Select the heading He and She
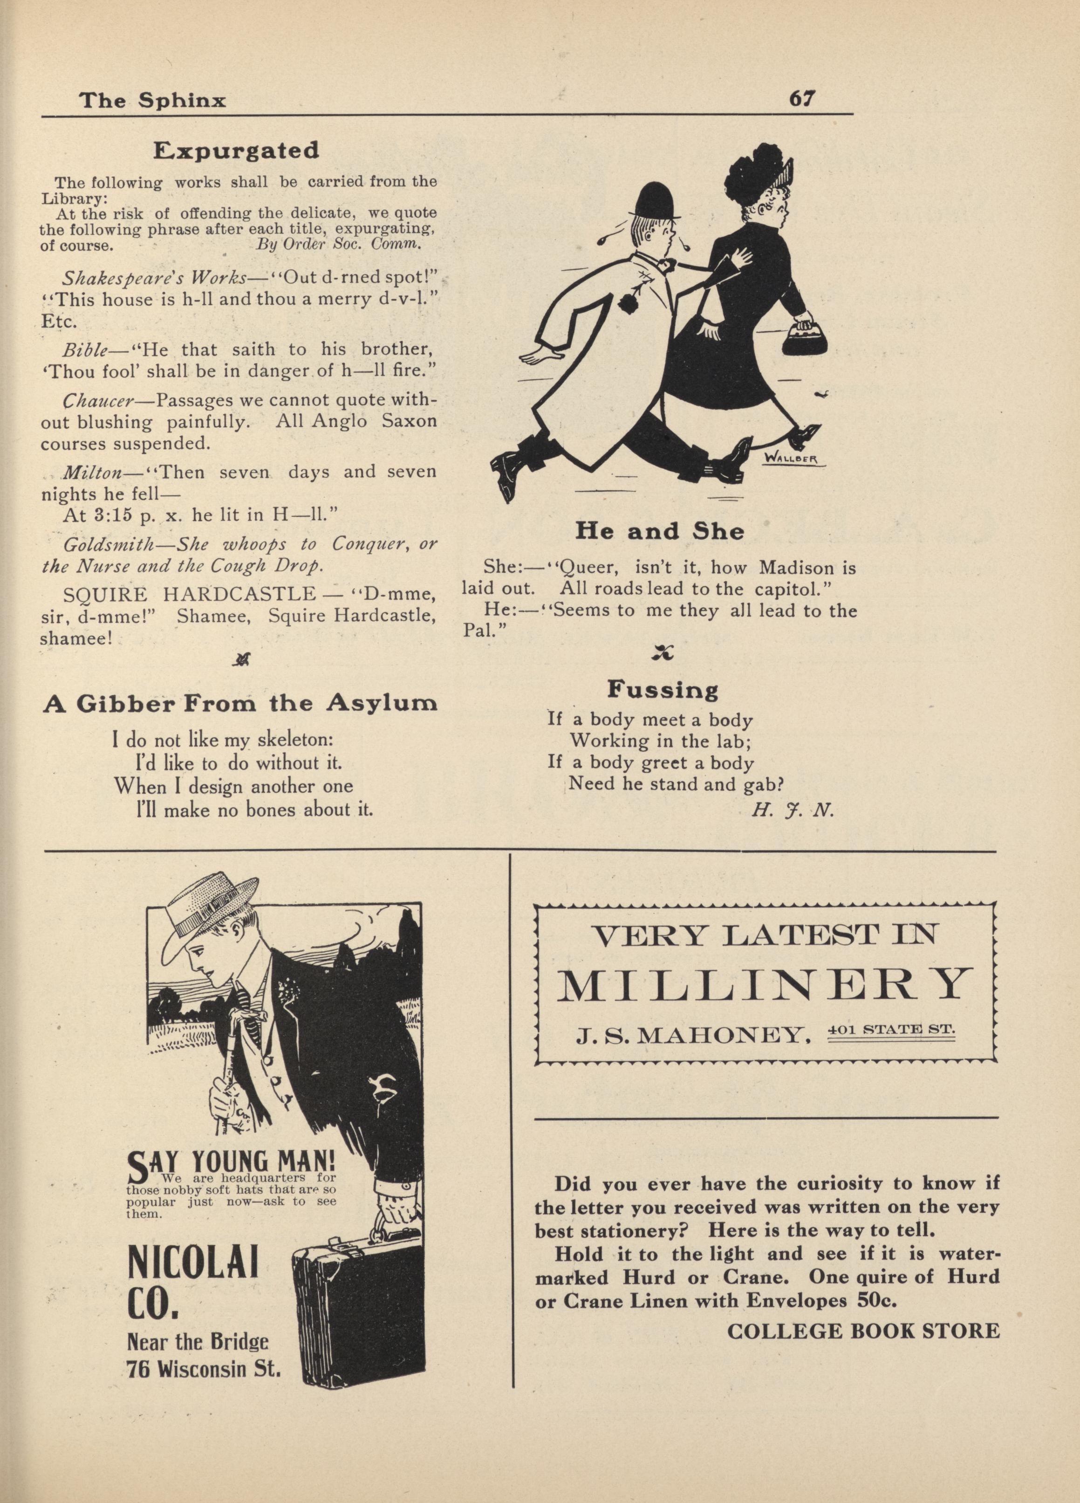tap(659, 531)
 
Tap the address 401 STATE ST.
tap(891, 1029)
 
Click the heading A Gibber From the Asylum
tap(240, 703)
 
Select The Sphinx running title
tap(152, 100)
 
